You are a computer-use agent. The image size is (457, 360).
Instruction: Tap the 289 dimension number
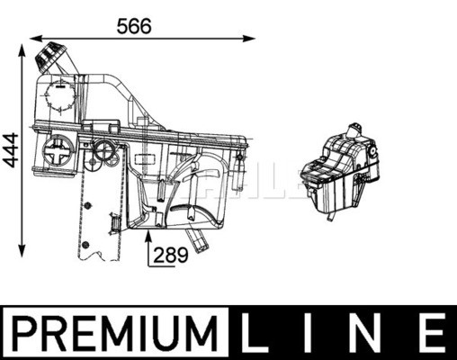[x=171, y=255]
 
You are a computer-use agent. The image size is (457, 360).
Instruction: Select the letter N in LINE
[x=367, y=334]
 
